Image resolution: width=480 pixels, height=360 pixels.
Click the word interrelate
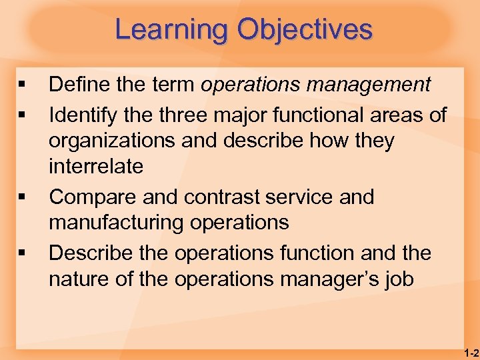95,167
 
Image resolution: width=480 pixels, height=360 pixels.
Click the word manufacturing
119,222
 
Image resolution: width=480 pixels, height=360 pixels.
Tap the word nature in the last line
80,279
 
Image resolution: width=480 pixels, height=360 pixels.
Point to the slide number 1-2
471,352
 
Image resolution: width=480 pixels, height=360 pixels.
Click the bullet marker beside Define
22,85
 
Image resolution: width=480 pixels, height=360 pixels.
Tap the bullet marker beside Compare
22,198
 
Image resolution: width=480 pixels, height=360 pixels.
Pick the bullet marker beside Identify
22,115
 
